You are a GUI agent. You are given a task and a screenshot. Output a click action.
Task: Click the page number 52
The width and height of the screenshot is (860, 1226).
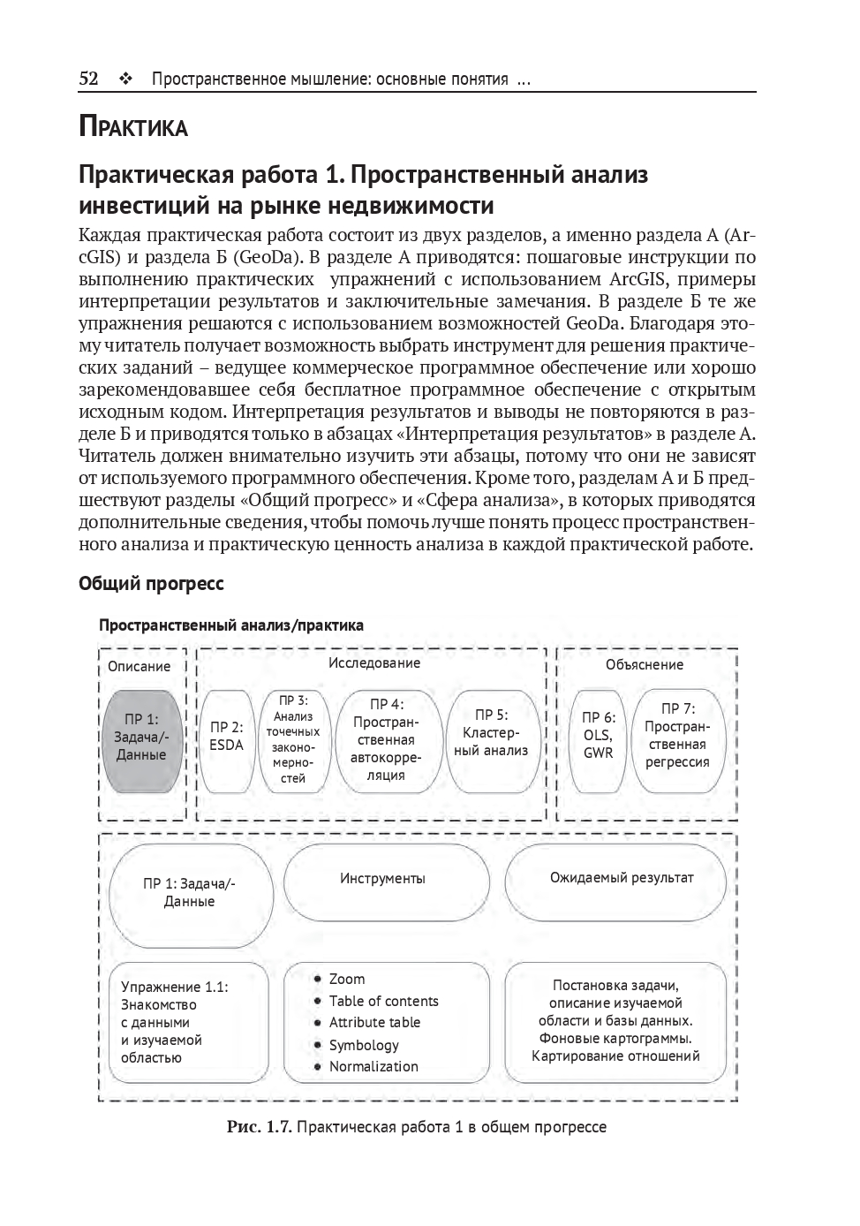[x=88, y=79]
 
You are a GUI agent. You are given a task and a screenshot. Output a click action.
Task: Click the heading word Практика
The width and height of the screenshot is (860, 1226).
[x=133, y=127]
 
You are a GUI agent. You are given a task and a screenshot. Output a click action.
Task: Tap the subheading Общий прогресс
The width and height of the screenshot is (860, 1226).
[x=151, y=584]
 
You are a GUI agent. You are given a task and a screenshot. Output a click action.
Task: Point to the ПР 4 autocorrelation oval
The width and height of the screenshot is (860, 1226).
[x=386, y=739]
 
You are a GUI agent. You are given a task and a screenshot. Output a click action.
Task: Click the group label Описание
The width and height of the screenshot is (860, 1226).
[x=139, y=667]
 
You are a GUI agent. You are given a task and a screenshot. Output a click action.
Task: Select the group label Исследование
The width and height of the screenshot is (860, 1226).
[x=374, y=663]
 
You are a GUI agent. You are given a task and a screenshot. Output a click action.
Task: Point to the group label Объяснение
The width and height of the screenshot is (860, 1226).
[x=644, y=665]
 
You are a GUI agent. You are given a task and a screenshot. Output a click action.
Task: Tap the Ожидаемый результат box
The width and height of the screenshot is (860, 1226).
[x=622, y=878]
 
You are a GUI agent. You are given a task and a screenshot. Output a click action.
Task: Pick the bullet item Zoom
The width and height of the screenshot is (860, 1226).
[x=346, y=980]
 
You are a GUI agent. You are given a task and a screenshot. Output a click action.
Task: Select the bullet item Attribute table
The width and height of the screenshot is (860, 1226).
[x=374, y=1023]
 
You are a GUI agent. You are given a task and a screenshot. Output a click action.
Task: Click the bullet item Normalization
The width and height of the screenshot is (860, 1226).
[x=373, y=1067]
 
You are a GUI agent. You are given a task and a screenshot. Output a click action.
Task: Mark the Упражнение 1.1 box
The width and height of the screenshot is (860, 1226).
[x=187, y=1022]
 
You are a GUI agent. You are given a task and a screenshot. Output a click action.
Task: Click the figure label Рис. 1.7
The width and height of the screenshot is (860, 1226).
[x=259, y=1128]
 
